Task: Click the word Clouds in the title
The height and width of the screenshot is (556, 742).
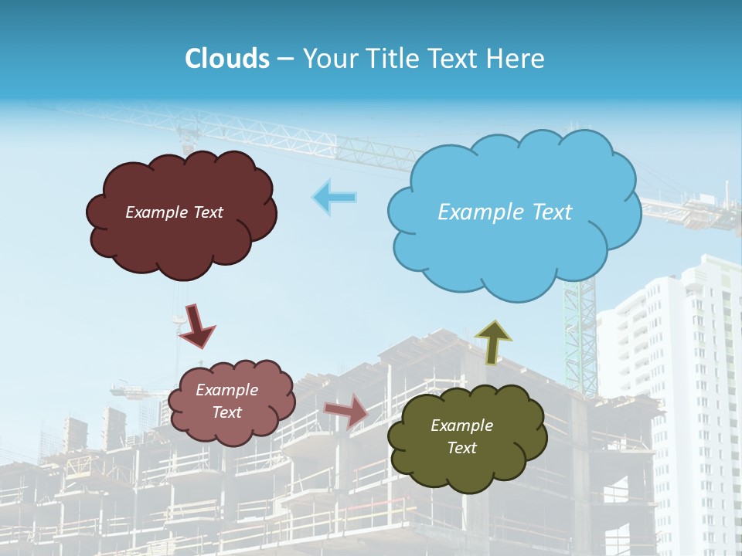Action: (x=227, y=59)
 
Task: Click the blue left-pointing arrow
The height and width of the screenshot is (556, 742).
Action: (x=335, y=198)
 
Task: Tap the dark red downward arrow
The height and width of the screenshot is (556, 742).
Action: (x=196, y=325)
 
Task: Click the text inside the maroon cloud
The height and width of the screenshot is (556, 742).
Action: (x=174, y=212)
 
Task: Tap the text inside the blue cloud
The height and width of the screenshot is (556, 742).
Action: (x=505, y=212)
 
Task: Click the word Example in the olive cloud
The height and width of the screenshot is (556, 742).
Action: (x=461, y=425)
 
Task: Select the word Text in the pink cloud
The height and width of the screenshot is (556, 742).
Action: (x=227, y=412)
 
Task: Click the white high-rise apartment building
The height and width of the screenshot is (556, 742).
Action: (x=680, y=386)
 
